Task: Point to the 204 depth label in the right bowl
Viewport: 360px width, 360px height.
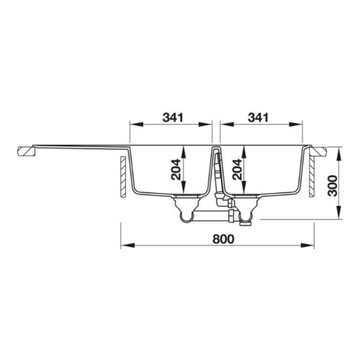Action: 237,171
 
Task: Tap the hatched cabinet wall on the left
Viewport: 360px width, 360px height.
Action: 124,179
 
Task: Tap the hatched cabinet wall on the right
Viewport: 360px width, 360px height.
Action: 312,179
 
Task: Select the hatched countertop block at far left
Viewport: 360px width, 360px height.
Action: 27,151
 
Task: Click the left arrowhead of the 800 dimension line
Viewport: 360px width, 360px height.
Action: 123,246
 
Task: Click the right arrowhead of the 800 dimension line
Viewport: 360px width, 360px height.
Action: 315,246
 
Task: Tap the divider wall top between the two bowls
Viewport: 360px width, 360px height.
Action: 216,148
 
